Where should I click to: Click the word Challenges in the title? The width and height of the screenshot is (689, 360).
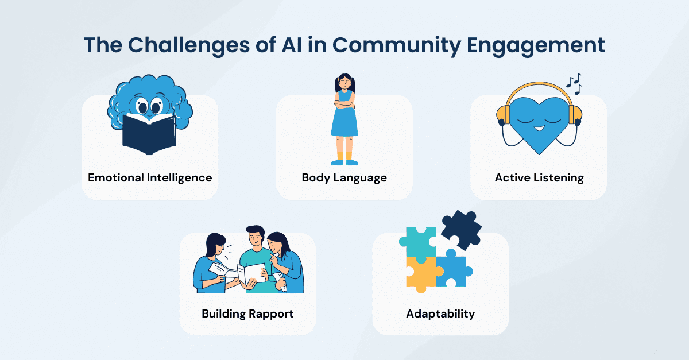pyautogui.click(x=188, y=46)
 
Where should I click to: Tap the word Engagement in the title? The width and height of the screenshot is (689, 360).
pyautogui.click(x=536, y=46)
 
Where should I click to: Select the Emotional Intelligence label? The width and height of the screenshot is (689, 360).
pyautogui.click(x=150, y=178)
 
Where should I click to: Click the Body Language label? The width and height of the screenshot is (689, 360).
pyautogui.click(x=344, y=178)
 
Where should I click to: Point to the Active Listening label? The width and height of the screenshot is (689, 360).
pyautogui.click(x=539, y=178)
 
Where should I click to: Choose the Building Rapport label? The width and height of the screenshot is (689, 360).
pyautogui.click(x=247, y=314)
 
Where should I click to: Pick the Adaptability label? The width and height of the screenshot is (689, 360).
pyautogui.click(x=440, y=314)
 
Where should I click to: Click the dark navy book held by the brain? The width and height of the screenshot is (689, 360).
pyautogui.click(x=149, y=134)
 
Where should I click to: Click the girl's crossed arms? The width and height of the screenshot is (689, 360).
pyautogui.click(x=344, y=104)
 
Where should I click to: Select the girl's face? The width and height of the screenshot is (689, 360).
pyautogui.click(x=345, y=83)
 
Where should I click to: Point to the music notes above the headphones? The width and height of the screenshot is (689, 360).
pyautogui.click(x=574, y=84)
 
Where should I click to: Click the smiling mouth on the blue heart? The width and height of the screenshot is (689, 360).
pyautogui.click(x=539, y=128)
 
